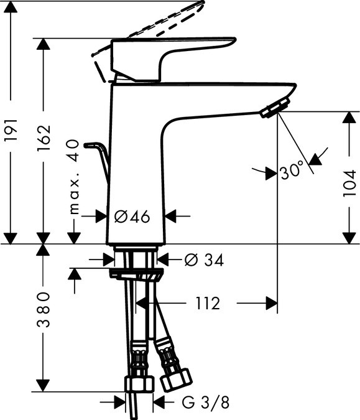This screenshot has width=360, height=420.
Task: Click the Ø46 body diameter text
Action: (x=132, y=217)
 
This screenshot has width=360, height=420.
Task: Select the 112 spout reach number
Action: (x=208, y=304)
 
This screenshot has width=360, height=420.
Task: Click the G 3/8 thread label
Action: (x=205, y=403)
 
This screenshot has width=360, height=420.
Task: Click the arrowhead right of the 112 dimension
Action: (x=271, y=304)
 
